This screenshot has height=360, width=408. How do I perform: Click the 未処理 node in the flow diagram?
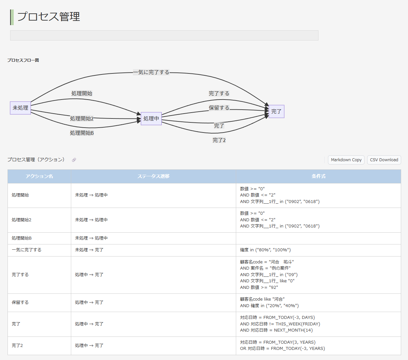[20, 108]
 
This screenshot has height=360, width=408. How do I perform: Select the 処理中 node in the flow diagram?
[151, 118]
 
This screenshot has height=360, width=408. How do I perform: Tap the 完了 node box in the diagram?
[276, 112]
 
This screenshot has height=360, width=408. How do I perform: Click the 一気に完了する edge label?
[151, 72]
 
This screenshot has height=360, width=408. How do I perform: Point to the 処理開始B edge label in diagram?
[82, 133]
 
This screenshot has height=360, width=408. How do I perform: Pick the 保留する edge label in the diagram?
[219, 108]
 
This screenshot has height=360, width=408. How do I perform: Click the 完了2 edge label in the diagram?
[219, 140]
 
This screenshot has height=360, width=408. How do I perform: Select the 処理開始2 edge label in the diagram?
[82, 118]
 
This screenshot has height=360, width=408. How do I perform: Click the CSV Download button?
[384, 160]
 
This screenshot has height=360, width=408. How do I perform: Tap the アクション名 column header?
[39, 176]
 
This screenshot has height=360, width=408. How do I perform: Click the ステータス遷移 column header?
[153, 176]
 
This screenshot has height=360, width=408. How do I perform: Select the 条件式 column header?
[318, 176]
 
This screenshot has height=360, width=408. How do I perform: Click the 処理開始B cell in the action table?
[22, 238]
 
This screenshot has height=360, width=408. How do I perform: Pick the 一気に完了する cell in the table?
[26, 250]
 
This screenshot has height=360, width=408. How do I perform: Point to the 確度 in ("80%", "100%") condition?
[265, 250]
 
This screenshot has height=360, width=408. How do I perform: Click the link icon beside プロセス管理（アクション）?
[74, 160]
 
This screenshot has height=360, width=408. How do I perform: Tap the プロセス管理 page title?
[48, 17]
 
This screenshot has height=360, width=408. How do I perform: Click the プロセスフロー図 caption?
[23, 60]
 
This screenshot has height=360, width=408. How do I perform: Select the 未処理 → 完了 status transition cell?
[89, 250]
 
